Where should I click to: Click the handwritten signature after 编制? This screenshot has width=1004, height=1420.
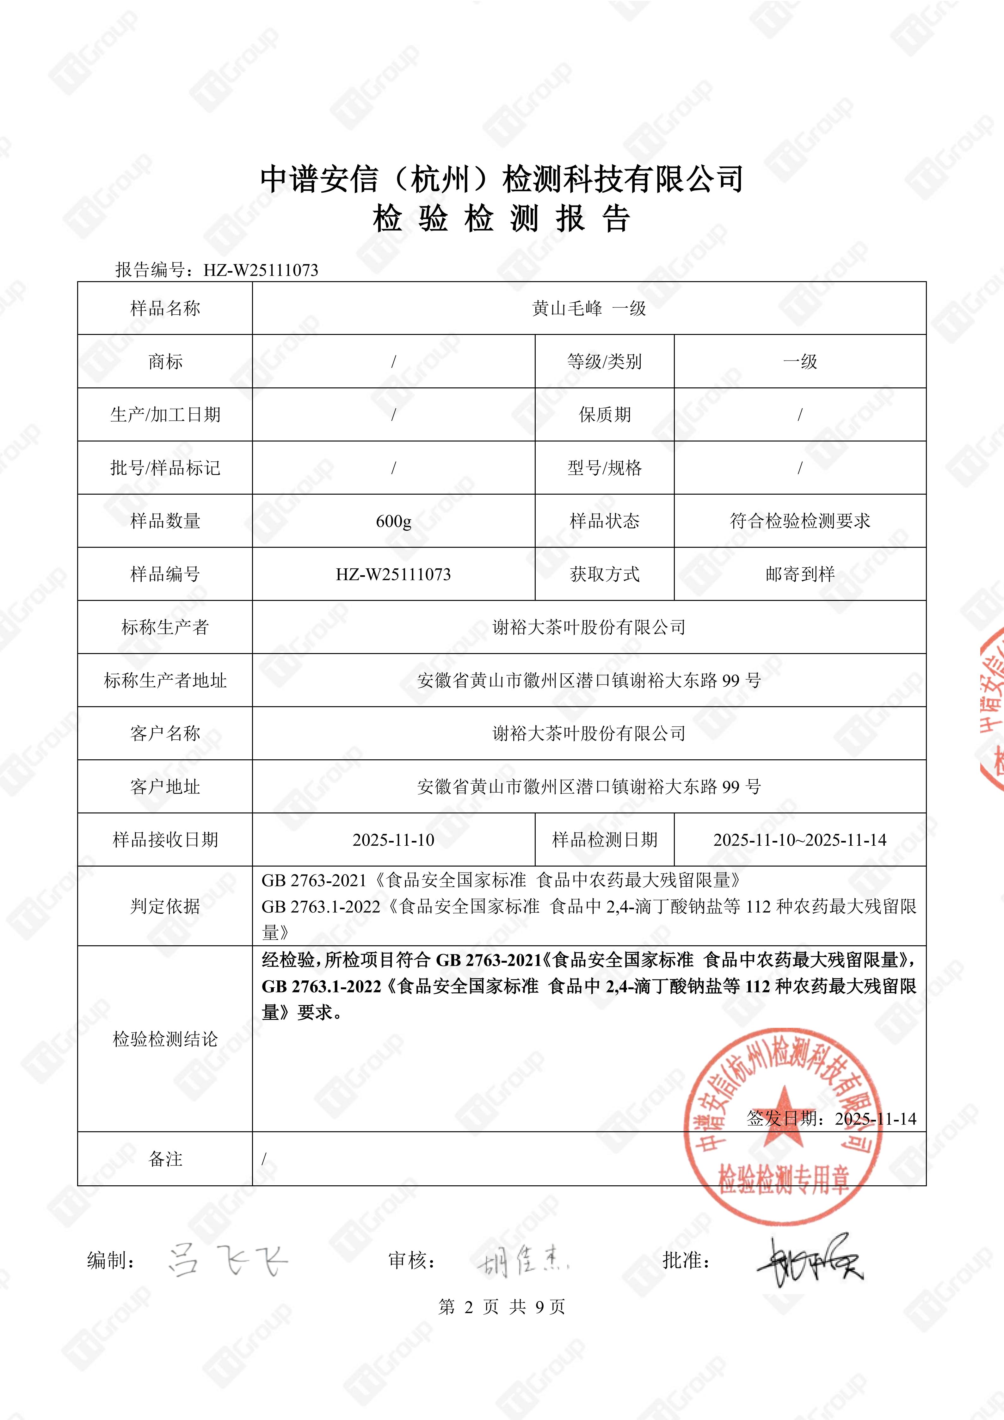(227, 1260)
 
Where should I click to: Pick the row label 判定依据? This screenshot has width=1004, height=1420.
(165, 906)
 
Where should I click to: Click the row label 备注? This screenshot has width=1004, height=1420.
(165, 1158)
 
